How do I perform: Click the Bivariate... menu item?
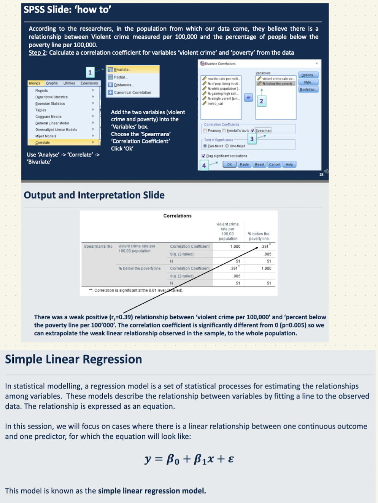[x=122, y=70]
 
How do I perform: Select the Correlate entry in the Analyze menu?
[x=43, y=143]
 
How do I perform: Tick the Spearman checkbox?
[x=253, y=131]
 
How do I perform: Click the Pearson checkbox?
[x=205, y=131]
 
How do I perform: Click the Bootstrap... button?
[x=308, y=89]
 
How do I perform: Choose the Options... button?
[x=308, y=75]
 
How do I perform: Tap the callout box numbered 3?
[x=252, y=139]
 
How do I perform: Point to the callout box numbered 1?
[x=90, y=72]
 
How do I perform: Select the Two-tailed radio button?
[x=205, y=146]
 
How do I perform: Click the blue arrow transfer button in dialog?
[x=248, y=98]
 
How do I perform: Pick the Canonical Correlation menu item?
[x=132, y=92]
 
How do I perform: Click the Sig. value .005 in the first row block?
[x=268, y=254]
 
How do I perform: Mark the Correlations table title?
[x=177, y=216]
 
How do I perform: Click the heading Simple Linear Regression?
[x=73, y=359]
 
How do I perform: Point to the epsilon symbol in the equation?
[x=231, y=459]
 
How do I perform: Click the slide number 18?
[x=321, y=175]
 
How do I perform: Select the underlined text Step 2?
[x=37, y=53]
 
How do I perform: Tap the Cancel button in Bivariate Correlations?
[x=274, y=164]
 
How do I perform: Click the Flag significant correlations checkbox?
[x=203, y=156]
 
